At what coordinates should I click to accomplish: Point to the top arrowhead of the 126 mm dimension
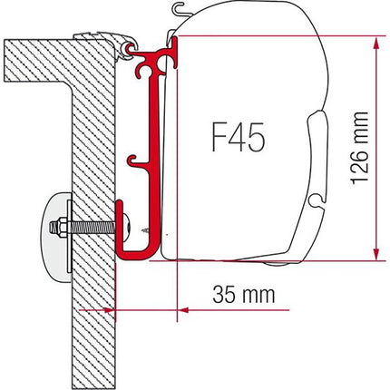pyautogui.click(x=374, y=43)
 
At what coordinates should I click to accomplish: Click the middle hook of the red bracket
pyautogui.click(x=144, y=163)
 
